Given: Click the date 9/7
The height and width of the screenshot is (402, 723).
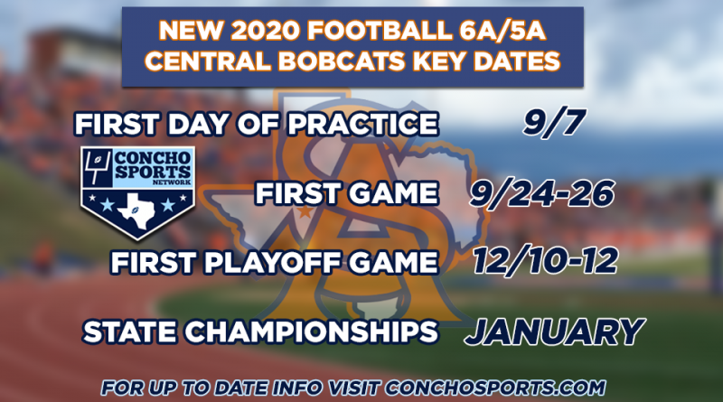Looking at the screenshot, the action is (554, 123).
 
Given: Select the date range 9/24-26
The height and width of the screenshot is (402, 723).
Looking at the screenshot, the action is (541, 193).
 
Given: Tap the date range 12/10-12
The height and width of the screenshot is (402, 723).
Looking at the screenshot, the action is (546, 261).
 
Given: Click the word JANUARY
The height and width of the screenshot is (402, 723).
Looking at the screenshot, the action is (554, 331).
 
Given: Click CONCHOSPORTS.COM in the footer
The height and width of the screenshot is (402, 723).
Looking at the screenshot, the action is (495, 388).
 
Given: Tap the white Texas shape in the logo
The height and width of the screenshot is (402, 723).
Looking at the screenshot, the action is (137, 210).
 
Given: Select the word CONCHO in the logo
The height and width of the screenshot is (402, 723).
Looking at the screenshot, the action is (152, 158).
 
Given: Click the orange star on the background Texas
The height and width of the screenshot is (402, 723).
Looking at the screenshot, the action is (305, 211).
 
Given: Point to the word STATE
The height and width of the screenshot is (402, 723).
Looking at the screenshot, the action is (129, 332).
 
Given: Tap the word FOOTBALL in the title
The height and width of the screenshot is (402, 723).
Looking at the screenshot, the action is (379, 31).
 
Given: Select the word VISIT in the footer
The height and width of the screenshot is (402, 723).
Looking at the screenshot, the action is (354, 388).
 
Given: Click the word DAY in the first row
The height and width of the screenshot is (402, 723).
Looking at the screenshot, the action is (197, 124).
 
